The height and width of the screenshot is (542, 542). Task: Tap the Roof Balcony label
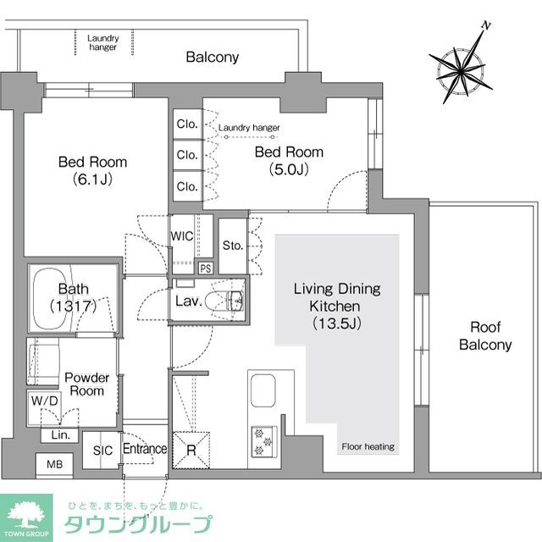(x=485, y=336)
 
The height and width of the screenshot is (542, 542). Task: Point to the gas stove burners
(x=263, y=438)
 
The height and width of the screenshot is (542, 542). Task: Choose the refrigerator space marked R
(x=191, y=450)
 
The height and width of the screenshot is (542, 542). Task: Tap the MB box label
(x=54, y=465)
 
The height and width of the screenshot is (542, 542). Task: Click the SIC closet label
(x=103, y=450)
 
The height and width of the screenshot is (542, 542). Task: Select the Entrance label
(x=145, y=449)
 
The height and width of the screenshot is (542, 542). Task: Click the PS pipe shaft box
(x=205, y=268)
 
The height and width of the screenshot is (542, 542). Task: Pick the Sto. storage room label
(x=233, y=246)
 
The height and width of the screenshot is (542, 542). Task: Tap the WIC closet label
(x=183, y=235)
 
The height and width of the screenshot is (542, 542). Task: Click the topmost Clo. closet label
(x=187, y=124)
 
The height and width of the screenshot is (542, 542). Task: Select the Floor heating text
(x=368, y=446)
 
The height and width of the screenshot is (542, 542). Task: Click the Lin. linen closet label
(x=60, y=434)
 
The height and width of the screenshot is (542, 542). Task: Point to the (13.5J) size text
(x=336, y=323)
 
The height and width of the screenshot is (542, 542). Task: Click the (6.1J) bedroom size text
(x=92, y=179)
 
